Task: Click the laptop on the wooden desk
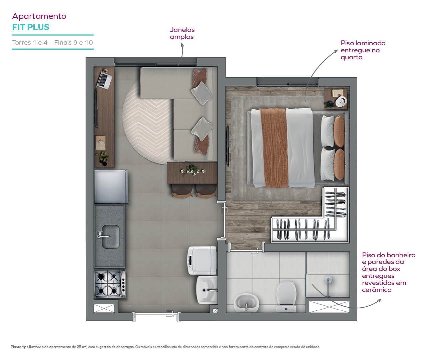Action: pyautogui.click(x=105, y=80)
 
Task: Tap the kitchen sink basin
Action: pyautogui.click(x=111, y=237)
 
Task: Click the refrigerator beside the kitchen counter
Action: pyautogui.click(x=111, y=187)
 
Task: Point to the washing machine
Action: pyautogui.click(x=202, y=260)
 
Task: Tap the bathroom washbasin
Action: pyautogui.click(x=246, y=302)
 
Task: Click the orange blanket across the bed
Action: pyautogui.click(x=274, y=148)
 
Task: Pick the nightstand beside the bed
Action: pyautogui.click(x=336, y=99)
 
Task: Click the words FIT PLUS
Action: pyautogui.click(x=31, y=27)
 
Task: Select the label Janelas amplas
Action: pyautogui.click(x=182, y=33)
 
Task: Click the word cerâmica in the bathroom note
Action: pyautogui.click(x=377, y=290)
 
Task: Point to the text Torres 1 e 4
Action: pyautogui.click(x=30, y=42)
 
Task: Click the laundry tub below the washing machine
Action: pyautogui.click(x=207, y=290)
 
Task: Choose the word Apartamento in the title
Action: pyautogui.click(x=39, y=16)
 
